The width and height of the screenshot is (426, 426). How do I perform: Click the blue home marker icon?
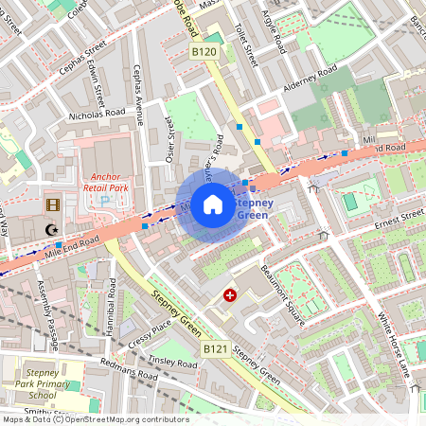pos(213,203)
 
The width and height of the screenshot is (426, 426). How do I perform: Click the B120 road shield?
pos(204,51)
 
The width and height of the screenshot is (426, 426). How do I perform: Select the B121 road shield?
pos(216,349)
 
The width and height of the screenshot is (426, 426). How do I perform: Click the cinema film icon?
pos(51,204)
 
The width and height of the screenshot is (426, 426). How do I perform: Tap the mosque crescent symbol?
pos(51,228)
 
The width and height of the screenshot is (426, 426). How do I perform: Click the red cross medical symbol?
pos(229,296)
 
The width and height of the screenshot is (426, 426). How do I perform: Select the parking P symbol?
pos(105,200)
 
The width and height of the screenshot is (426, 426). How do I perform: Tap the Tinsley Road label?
pos(172,364)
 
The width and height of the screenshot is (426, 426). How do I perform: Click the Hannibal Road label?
pos(112,306)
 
